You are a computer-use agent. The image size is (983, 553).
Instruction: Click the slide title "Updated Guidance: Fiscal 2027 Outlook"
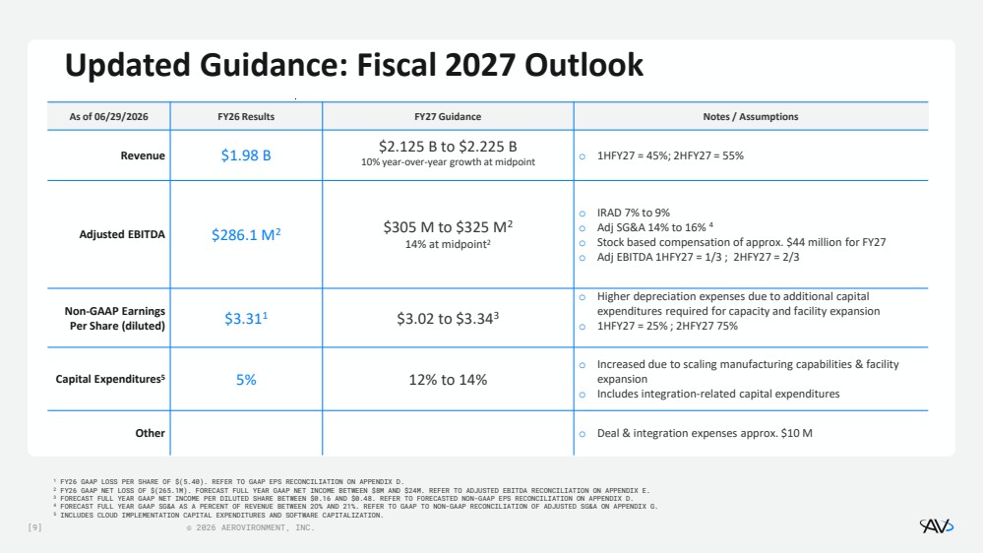[x=354, y=66]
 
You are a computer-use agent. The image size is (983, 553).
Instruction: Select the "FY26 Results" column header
[x=246, y=117]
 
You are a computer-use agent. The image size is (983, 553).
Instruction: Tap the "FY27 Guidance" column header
[x=448, y=117]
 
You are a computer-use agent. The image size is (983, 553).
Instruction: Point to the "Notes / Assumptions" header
[x=751, y=117]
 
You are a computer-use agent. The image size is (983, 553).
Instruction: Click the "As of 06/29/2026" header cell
[x=108, y=117]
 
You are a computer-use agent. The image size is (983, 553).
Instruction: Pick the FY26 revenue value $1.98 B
[x=246, y=155]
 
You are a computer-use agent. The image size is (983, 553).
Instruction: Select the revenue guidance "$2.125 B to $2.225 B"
[x=448, y=147]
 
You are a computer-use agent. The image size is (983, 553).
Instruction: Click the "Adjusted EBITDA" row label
[x=122, y=234]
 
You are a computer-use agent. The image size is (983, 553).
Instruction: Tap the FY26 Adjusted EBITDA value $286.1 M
[x=246, y=234]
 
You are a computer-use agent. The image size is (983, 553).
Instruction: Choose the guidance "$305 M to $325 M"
[x=448, y=227]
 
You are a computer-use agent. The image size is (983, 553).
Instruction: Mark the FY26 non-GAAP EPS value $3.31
[x=246, y=319]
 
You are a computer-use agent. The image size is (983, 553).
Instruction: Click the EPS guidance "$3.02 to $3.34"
[x=448, y=319]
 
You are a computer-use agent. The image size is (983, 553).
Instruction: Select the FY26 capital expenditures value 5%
[x=246, y=380]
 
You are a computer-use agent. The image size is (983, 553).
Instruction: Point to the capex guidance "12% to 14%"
[x=448, y=380]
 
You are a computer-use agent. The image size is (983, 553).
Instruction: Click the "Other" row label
[x=150, y=433]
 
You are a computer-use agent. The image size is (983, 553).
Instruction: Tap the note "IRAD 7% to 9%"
[x=633, y=214]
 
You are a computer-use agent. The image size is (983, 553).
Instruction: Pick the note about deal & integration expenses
[x=705, y=433]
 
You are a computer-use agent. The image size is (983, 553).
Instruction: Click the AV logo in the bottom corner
[x=937, y=526]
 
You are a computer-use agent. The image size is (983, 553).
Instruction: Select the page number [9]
[x=35, y=528]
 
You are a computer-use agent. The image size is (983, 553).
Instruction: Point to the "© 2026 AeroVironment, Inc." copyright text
[x=250, y=528]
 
